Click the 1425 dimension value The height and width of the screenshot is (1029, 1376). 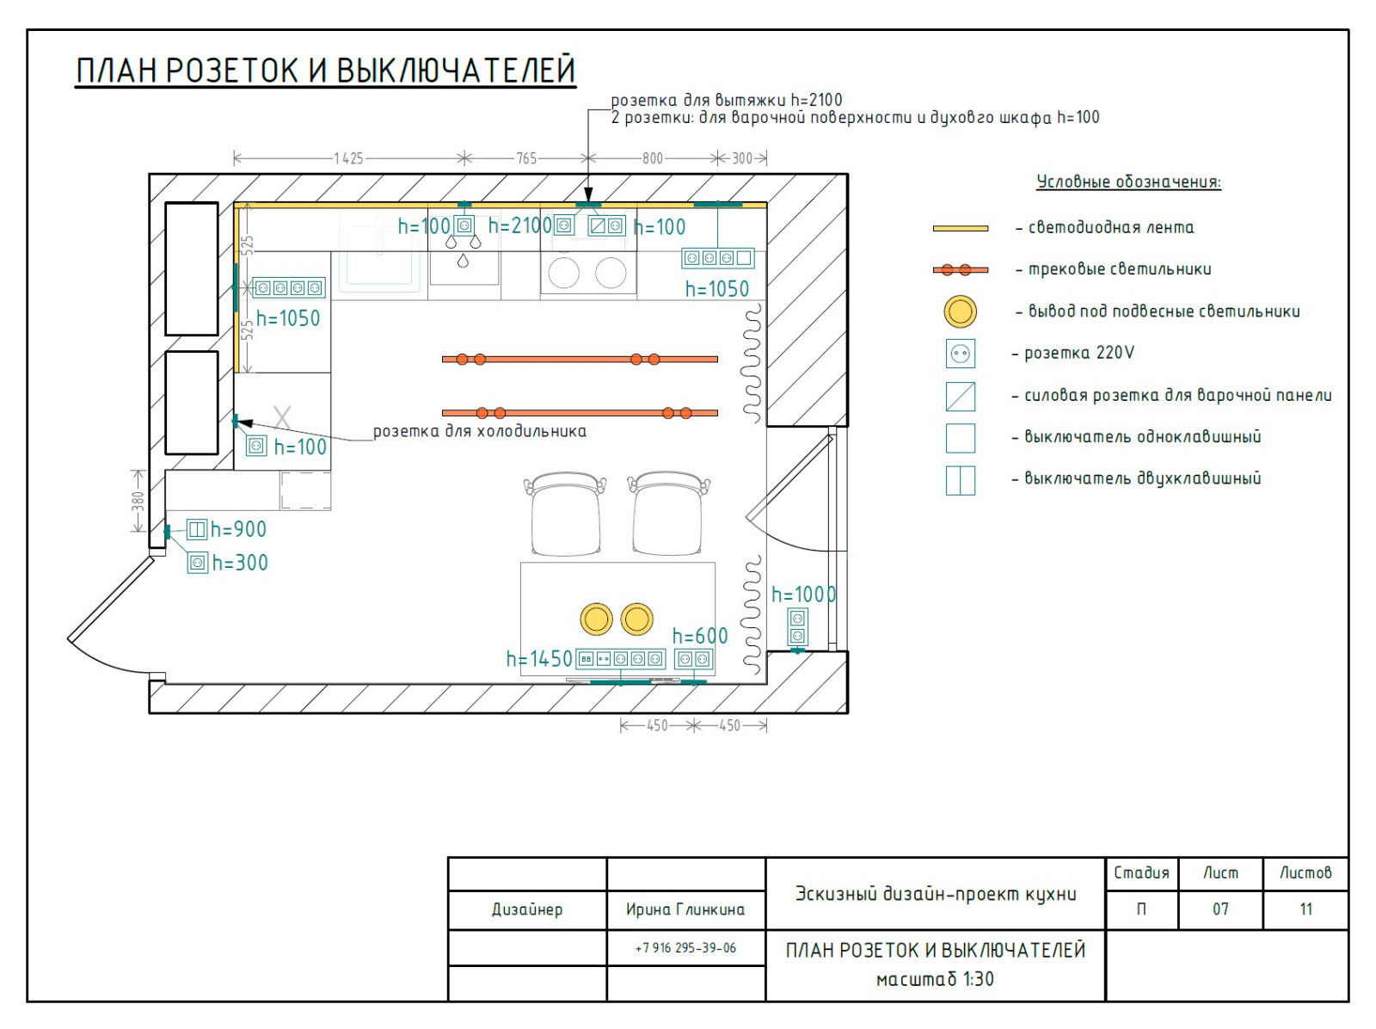(x=348, y=158)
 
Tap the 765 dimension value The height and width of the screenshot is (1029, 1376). (x=526, y=158)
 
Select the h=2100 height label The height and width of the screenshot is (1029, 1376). (x=519, y=225)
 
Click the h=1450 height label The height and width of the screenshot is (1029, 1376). (x=539, y=659)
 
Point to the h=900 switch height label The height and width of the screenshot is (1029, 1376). (x=238, y=530)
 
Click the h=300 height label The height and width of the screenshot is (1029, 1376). (x=240, y=563)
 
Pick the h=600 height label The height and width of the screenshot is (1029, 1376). (x=699, y=637)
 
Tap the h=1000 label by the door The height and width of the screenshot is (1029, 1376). (x=803, y=595)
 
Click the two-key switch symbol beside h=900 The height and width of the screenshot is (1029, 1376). (x=197, y=530)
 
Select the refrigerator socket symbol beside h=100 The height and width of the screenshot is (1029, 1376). (x=256, y=446)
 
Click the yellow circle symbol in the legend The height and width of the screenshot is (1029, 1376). (x=960, y=311)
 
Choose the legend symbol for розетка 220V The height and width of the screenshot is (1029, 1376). (x=960, y=354)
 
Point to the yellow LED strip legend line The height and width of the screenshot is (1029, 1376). (x=960, y=228)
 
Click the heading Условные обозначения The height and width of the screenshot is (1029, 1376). (x=1128, y=182)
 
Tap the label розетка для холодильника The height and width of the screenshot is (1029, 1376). (x=480, y=431)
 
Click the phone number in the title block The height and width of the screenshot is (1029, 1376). (x=685, y=948)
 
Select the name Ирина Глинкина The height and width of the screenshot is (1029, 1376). (x=685, y=909)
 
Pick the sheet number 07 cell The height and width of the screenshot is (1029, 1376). (x=1219, y=909)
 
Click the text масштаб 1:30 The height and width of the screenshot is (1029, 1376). (x=935, y=979)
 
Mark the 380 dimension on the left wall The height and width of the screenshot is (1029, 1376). (x=138, y=501)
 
